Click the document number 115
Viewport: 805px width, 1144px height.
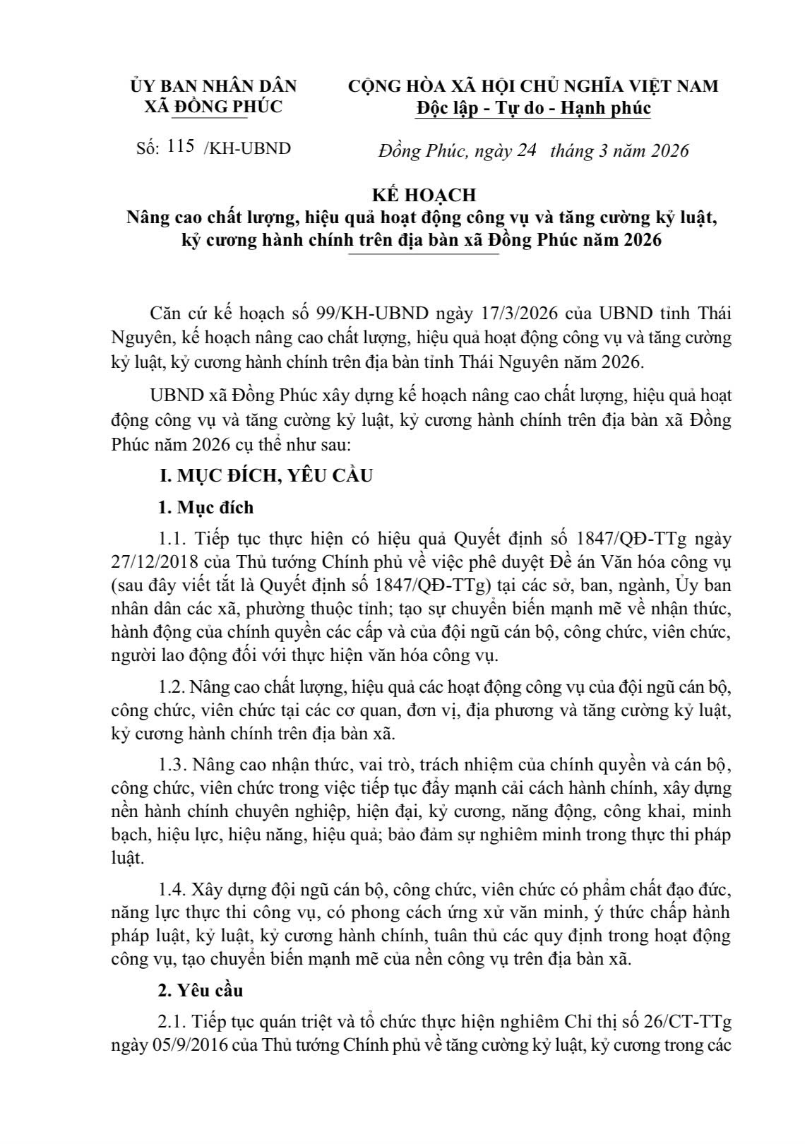(181, 148)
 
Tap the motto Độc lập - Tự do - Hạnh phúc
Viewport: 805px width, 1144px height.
(533, 108)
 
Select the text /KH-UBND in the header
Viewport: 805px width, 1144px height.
(246, 150)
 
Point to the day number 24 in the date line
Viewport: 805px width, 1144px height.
(527, 151)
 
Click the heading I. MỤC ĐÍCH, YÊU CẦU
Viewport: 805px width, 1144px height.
(265, 475)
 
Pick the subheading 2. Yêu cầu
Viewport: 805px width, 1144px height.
(201, 990)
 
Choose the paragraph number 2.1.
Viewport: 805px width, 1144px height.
(172, 1022)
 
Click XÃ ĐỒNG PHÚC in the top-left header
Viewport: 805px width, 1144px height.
(213, 107)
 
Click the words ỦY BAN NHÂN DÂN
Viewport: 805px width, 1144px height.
(213, 86)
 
